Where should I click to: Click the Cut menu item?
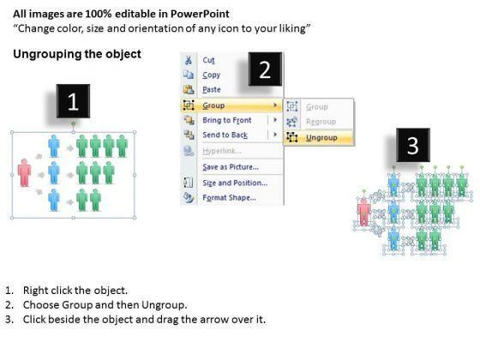(x=208, y=60)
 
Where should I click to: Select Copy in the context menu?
(x=211, y=75)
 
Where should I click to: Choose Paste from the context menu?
(x=212, y=89)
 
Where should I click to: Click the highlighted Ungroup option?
(x=321, y=138)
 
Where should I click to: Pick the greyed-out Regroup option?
(x=321, y=122)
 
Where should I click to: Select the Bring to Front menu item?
(x=227, y=120)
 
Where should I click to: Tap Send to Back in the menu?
(x=225, y=135)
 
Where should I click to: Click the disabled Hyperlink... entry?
(x=222, y=151)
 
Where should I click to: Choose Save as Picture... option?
(x=231, y=167)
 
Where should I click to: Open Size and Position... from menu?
(x=235, y=183)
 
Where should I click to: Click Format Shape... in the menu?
(x=229, y=197)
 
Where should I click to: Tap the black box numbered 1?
(x=73, y=101)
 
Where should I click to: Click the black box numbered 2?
(x=265, y=69)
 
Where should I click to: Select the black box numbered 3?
(x=413, y=145)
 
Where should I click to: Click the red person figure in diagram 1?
(x=25, y=172)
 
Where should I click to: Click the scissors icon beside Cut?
(x=189, y=60)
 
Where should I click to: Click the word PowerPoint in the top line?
(x=200, y=14)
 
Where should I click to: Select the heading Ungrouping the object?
(x=77, y=54)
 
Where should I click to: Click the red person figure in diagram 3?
(x=363, y=212)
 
